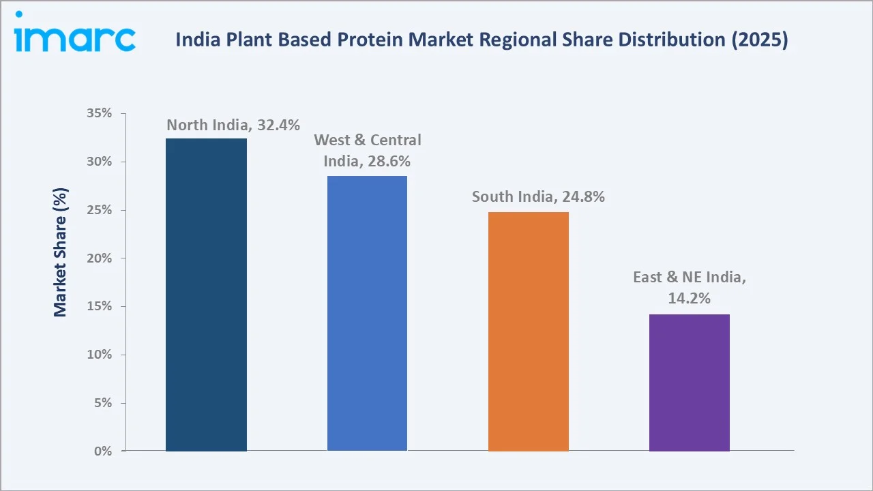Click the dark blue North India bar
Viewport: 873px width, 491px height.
pyautogui.click(x=206, y=295)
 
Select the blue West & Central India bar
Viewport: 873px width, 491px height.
pyautogui.click(x=367, y=313)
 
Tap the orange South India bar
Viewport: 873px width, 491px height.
pyautogui.click(x=528, y=331)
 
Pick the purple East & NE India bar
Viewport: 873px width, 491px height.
pyautogui.click(x=689, y=383)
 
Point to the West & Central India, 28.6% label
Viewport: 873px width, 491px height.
pyautogui.click(x=367, y=151)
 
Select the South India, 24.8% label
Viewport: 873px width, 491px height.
pyautogui.click(x=538, y=197)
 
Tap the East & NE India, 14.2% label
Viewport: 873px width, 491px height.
pyautogui.click(x=689, y=287)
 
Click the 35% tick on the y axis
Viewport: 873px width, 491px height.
pyautogui.click(x=99, y=113)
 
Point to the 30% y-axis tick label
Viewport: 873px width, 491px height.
pyautogui.click(x=99, y=162)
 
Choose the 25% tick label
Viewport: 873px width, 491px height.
pyautogui.click(x=99, y=210)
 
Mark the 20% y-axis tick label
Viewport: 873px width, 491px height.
pyautogui.click(x=99, y=258)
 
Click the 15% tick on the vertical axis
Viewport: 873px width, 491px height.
pyautogui.click(x=99, y=306)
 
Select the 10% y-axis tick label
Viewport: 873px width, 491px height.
pyautogui.click(x=99, y=355)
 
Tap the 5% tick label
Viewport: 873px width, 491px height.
pyautogui.click(x=102, y=403)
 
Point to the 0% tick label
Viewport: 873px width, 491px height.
pyautogui.click(x=102, y=451)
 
